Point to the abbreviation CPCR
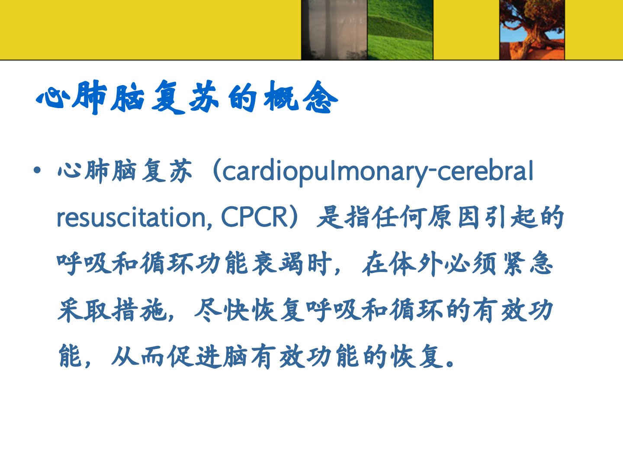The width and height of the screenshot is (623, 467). point(254,218)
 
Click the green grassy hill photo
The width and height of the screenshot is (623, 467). point(400,30)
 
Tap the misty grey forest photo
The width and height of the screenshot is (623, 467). point(334,30)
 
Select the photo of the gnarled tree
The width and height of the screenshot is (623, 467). point(532,30)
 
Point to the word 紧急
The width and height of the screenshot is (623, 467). point(528,264)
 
